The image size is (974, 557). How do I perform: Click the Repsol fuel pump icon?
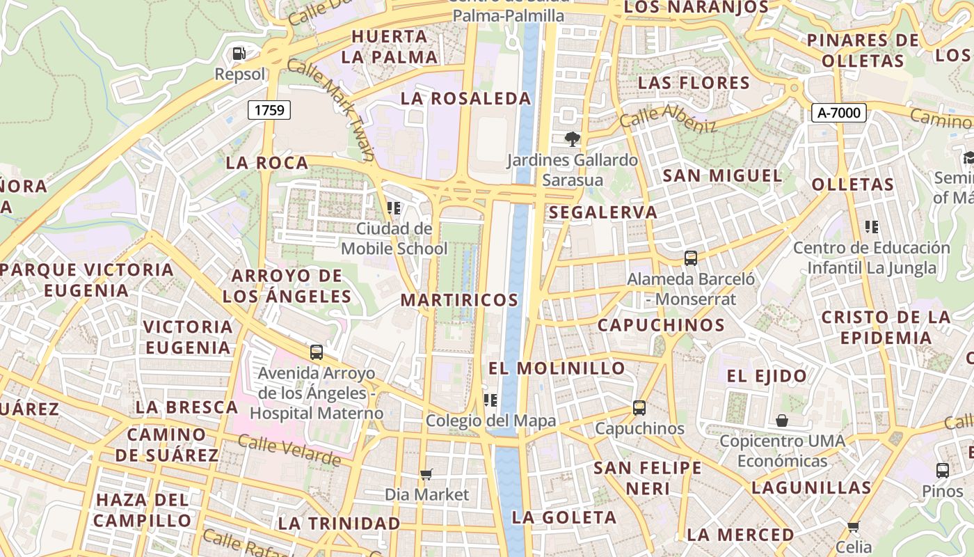click(239, 53)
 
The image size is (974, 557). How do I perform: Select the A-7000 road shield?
click(838, 112)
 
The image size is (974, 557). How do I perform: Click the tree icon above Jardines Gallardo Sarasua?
click(572, 139)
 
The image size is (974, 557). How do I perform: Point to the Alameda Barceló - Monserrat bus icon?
click(690, 258)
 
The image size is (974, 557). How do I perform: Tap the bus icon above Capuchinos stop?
click(639, 408)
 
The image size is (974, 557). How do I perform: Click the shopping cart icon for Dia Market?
click(426, 475)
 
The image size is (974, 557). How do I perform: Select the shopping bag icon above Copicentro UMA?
click(782, 421)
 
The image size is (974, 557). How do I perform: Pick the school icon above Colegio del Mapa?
click(490, 400)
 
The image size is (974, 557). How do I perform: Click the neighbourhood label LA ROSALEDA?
click(465, 99)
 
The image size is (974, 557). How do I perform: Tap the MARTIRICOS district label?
click(459, 300)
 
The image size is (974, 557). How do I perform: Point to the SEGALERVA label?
click(602, 212)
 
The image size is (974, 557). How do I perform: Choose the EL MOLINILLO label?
click(557, 368)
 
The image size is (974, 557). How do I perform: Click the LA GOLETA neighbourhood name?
click(564, 517)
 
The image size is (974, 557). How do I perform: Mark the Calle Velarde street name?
click(289, 450)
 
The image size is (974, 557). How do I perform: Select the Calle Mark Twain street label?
click(330, 109)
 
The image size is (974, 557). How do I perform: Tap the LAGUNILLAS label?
click(811, 487)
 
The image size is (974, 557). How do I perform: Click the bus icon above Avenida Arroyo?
click(317, 352)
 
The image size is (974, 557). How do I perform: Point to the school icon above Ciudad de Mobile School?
click(394, 207)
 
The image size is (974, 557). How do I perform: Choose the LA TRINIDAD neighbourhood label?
click(339, 523)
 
